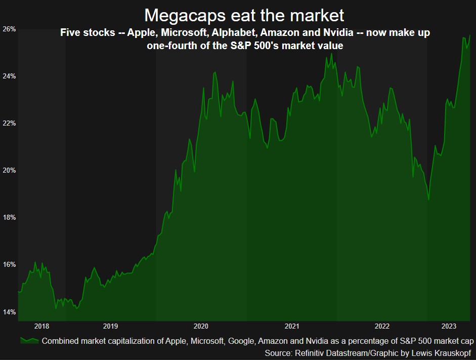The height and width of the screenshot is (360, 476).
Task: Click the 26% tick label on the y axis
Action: (10, 29)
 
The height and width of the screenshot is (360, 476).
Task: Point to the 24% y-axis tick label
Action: (10, 76)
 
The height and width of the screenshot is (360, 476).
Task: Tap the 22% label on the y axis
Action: (10, 123)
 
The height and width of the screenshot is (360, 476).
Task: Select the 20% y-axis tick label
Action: (10, 170)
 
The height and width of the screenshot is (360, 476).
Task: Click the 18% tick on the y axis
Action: (10, 217)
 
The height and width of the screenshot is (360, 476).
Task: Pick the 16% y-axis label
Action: (10, 264)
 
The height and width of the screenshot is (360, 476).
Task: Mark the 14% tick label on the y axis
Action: (10, 311)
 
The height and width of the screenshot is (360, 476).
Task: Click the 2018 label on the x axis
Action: (41, 326)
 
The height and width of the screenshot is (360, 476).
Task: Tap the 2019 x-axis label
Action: (110, 326)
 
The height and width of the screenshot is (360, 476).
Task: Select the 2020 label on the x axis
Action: (201, 326)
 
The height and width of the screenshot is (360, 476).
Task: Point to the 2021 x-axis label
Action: (291, 326)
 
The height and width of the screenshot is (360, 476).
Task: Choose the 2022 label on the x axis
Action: (382, 326)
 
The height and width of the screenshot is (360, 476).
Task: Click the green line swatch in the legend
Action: (29, 340)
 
